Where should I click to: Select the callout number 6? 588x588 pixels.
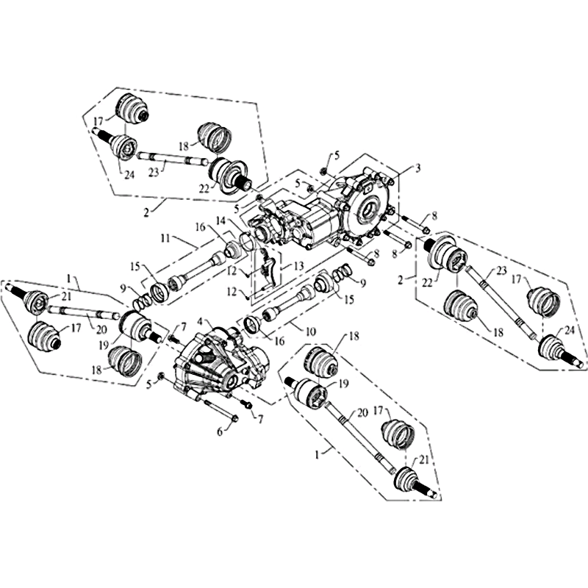(x=220, y=431)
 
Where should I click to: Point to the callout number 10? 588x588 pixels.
(x=311, y=331)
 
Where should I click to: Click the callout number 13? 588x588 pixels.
(x=299, y=266)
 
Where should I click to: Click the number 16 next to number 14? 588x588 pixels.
(x=200, y=228)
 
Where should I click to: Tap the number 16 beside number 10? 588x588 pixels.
(x=279, y=340)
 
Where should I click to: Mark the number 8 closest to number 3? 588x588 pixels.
(x=434, y=216)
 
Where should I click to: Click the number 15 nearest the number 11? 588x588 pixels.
(x=136, y=267)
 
